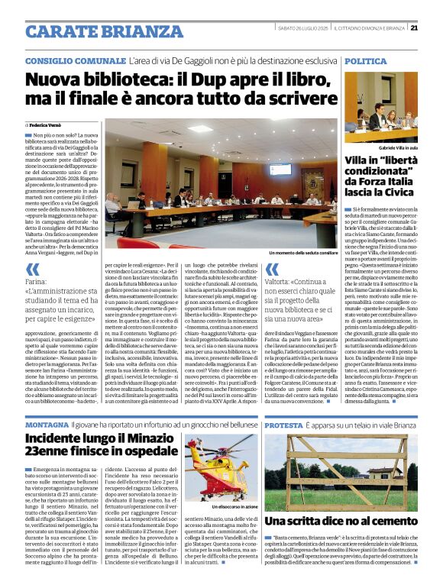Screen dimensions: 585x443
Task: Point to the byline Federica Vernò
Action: pos(49,124)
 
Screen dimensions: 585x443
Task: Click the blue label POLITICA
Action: pos(367,60)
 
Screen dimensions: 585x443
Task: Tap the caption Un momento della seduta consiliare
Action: pos(302,251)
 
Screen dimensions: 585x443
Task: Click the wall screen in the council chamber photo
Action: pos(280,169)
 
